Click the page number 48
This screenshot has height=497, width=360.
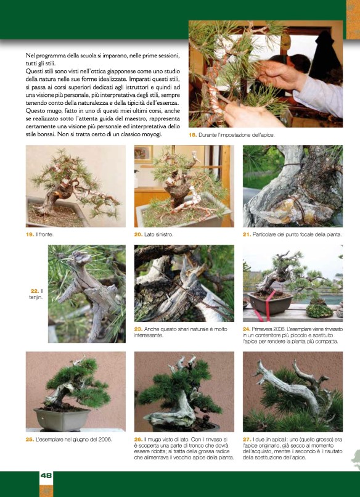point(46,475)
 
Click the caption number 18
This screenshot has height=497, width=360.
point(192,135)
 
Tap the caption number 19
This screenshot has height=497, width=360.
point(30,234)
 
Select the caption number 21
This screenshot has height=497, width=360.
point(247,234)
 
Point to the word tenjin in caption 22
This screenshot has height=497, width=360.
point(36,297)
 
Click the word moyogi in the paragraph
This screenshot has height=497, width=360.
point(152,134)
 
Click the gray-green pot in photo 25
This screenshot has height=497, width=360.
point(62,419)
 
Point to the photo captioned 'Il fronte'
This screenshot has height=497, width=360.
point(76,186)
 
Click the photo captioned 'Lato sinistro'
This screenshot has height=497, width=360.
point(184,186)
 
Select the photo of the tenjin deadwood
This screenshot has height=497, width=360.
point(87,294)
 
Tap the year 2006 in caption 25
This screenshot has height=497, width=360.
point(105,440)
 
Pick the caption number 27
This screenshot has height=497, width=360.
point(247,440)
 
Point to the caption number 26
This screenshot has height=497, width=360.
point(138,440)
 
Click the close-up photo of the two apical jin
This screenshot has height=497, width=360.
point(293,392)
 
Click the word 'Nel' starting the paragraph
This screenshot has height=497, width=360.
point(30,55)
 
